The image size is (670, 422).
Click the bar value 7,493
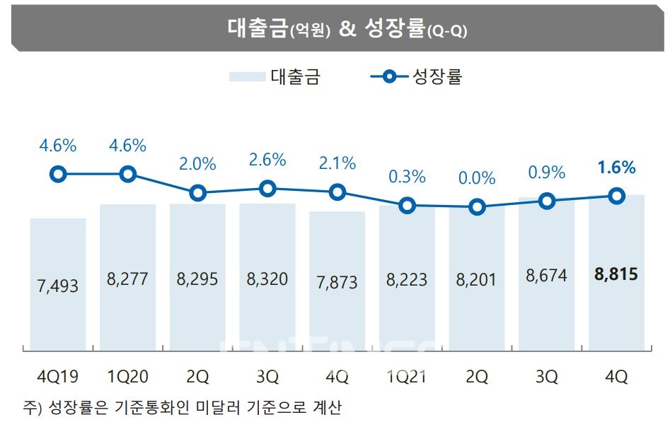(x=58, y=286)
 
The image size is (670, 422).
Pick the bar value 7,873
(x=337, y=281)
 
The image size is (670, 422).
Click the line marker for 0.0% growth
(x=477, y=207)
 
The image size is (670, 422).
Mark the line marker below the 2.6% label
(x=267, y=188)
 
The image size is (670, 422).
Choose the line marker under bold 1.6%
(x=617, y=196)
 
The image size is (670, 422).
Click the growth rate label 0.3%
(x=408, y=177)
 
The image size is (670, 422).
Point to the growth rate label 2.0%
(x=197, y=164)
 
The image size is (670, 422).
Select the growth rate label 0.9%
(x=547, y=172)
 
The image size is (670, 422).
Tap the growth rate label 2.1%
(x=337, y=164)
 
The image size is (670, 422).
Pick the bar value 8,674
(x=547, y=276)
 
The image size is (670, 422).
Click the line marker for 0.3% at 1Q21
(x=407, y=206)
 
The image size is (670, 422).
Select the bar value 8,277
(x=127, y=279)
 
